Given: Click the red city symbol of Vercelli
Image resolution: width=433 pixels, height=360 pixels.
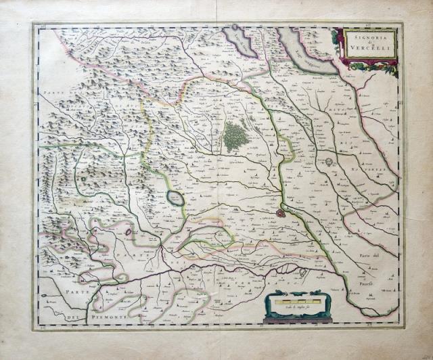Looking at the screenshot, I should click(280, 212).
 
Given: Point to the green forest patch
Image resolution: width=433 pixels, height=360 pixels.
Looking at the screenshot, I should click(235, 135).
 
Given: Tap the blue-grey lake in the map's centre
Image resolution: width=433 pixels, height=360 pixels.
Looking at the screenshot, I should click(175, 198).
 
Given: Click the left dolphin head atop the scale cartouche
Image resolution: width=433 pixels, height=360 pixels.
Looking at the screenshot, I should click(277, 293).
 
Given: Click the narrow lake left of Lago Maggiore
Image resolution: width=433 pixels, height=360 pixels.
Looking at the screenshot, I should click(242, 42).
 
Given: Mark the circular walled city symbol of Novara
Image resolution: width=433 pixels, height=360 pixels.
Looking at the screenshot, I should click(329, 162).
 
